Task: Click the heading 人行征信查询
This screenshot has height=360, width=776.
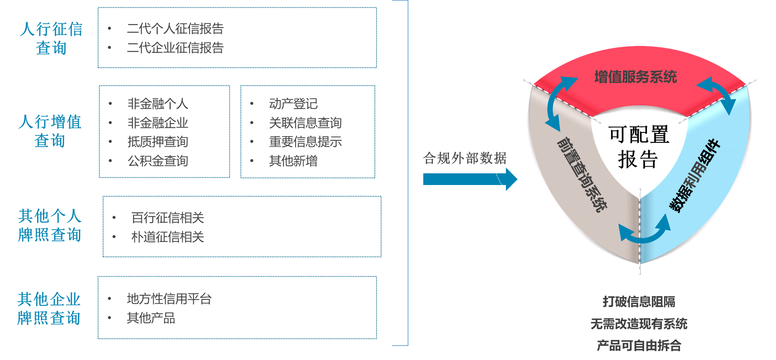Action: click(x=51, y=38)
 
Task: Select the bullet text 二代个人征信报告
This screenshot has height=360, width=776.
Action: click(x=175, y=29)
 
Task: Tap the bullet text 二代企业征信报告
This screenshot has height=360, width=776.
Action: click(x=175, y=48)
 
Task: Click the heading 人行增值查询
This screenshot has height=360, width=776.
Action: click(x=50, y=131)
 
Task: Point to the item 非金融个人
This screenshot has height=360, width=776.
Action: click(x=157, y=104)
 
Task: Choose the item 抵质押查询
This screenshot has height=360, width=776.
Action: click(x=157, y=142)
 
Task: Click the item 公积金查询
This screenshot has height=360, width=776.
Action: click(x=157, y=161)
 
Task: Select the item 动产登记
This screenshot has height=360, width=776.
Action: click(x=293, y=104)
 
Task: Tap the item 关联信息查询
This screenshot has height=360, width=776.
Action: click(x=305, y=123)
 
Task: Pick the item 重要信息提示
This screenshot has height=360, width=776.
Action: click(x=305, y=142)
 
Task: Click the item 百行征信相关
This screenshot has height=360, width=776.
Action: click(x=167, y=218)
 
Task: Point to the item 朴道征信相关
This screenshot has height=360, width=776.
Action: click(x=167, y=237)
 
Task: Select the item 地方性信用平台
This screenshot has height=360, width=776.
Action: click(x=169, y=299)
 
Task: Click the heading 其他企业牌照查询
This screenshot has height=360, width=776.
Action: click(x=49, y=309)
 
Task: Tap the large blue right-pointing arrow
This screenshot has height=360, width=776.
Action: click(x=470, y=179)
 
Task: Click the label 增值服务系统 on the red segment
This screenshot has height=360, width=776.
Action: click(x=635, y=77)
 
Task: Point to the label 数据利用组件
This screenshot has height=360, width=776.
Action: click(x=695, y=176)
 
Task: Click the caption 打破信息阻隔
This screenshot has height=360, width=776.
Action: click(x=639, y=302)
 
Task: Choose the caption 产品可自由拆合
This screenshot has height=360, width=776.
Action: click(x=639, y=346)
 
